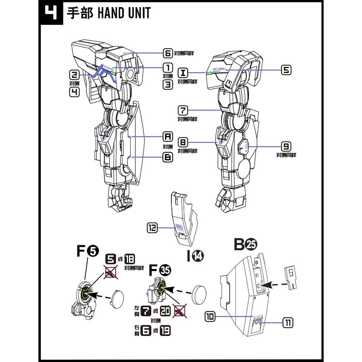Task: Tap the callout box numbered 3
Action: [x=168, y=84]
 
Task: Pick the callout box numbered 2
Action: [x=75, y=75]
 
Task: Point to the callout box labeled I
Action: [x=183, y=73]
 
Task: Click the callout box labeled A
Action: [x=168, y=136]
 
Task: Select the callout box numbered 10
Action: [x=210, y=317]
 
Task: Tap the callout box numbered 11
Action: [x=288, y=322]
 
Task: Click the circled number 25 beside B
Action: [x=252, y=244]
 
